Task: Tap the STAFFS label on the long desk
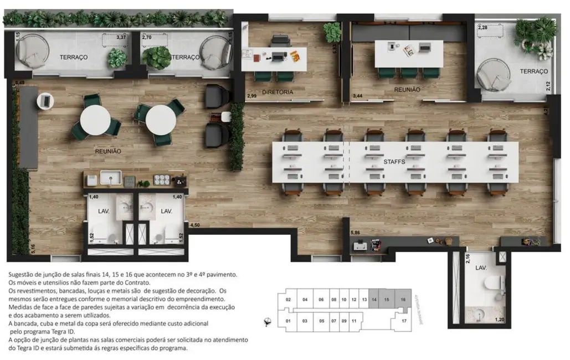[x=395, y=162]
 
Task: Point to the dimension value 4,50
[x=195, y=225]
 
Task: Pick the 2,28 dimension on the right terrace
[x=482, y=27]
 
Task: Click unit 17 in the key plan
[x=404, y=321]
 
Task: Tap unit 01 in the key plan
[x=288, y=321]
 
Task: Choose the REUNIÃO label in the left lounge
[x=107, y=151]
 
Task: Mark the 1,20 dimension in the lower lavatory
[x=499, y=320]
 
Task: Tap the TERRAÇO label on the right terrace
[x=533, y=71]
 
